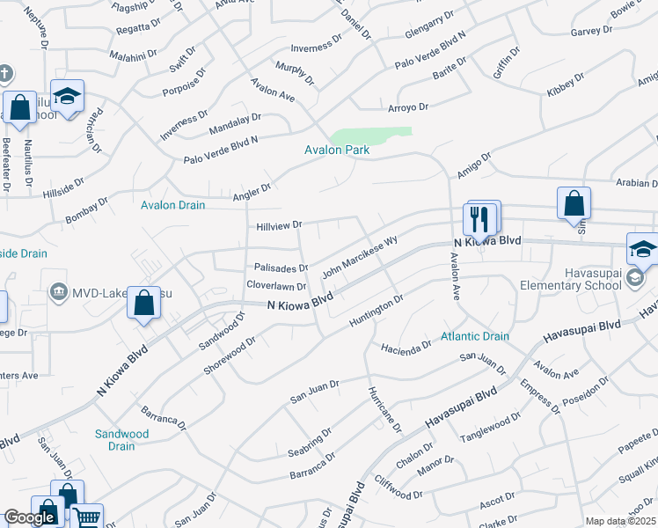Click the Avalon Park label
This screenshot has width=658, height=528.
(337, 150)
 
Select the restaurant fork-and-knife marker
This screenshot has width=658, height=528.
(481, 218)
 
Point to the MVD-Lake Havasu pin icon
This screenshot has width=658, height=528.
(59, 290)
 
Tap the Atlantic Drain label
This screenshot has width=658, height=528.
(475, 336)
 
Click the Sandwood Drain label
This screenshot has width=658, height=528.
(122, 440)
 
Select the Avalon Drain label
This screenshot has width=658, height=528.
(173, 205)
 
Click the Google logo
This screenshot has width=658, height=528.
(29, 517)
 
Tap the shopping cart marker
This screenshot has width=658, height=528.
(85, 517)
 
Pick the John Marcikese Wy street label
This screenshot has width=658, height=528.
(361, 256)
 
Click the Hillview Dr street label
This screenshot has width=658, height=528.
(279, 226)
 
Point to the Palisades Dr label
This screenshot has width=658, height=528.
(281, 268)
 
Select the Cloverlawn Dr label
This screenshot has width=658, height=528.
(276, 286)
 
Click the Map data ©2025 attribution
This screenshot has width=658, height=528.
(619, 521)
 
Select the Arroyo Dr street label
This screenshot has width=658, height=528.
(407, 107)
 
